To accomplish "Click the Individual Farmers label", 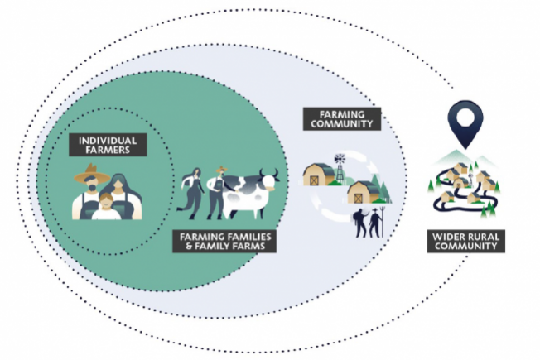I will click(108, 145).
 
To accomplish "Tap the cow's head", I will click(269, 179).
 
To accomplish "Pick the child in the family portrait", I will click(106, 207).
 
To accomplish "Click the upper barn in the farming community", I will click(319, 175).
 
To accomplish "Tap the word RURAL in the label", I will click(482, 236).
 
